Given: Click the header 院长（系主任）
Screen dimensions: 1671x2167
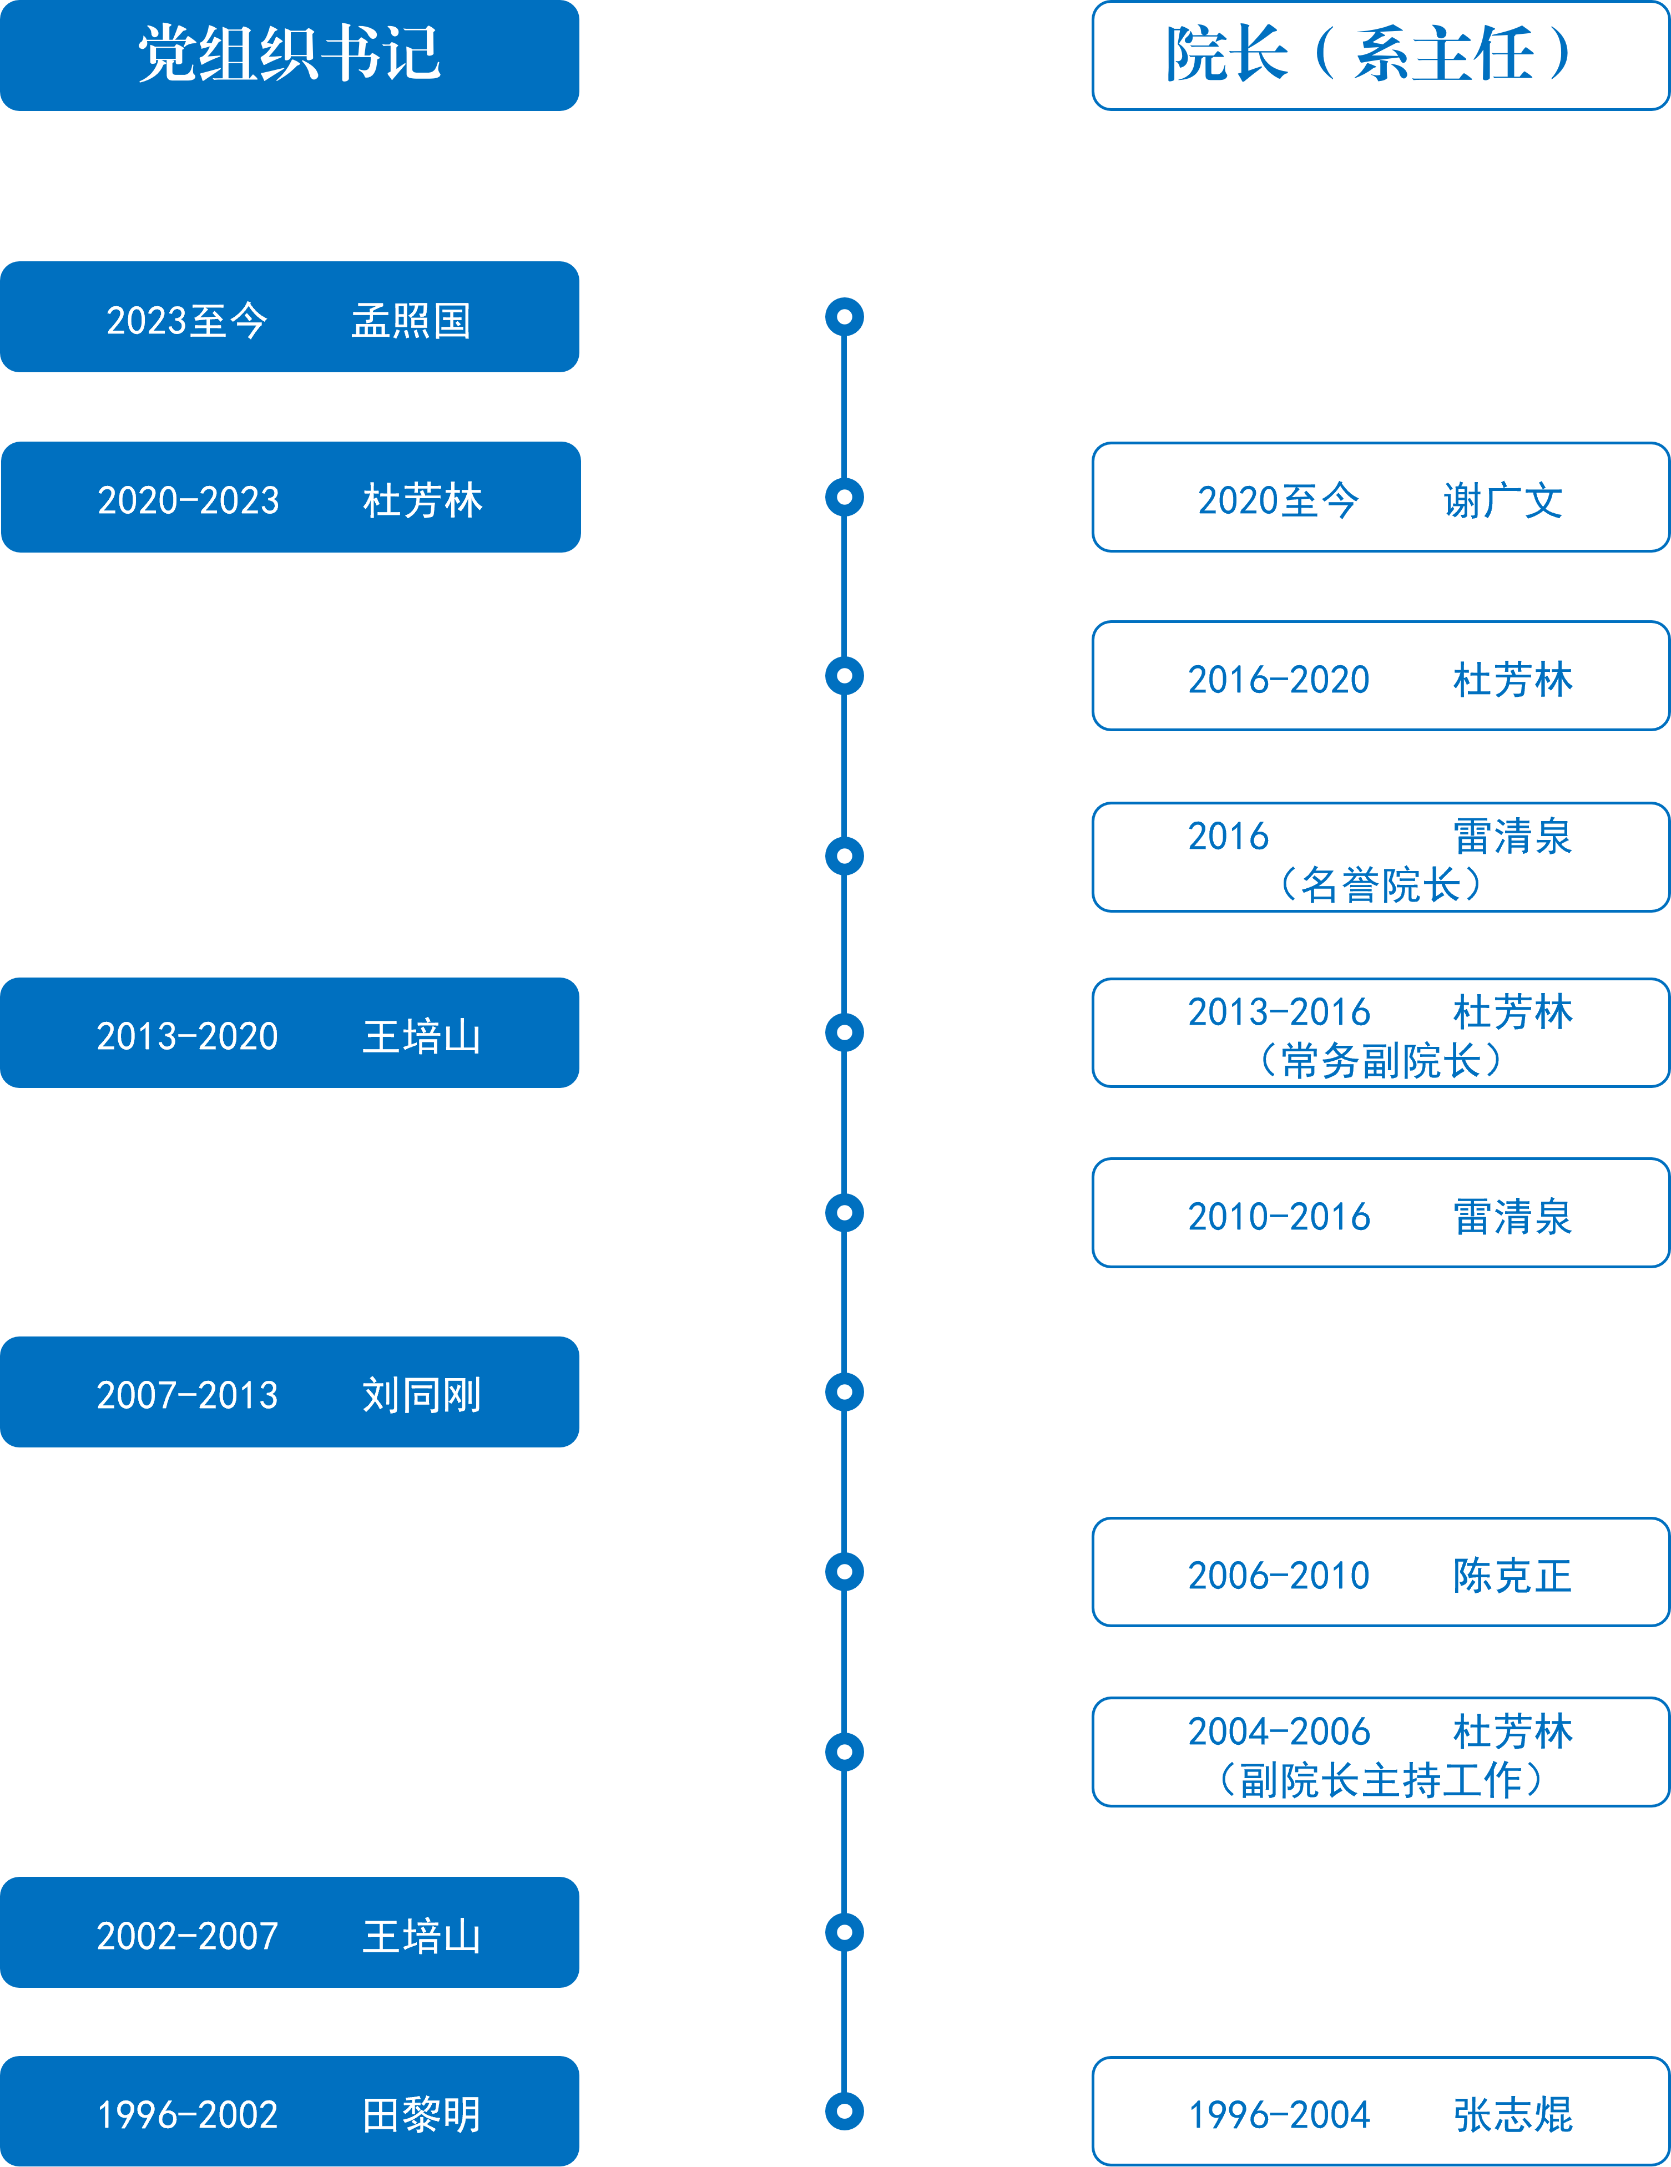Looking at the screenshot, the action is tap(1369, 54).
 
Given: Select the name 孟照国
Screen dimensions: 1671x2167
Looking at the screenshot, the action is tap(411, 321).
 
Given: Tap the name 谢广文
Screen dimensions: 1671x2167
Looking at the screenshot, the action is tap(1503, 500).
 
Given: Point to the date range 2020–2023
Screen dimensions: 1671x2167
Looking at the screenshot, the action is tap(189, 500).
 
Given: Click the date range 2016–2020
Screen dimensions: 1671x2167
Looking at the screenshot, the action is tap(1279, 680).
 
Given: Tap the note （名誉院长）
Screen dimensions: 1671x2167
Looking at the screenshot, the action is tap(1380, 884).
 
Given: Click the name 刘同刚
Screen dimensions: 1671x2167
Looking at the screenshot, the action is tap(422, 1394).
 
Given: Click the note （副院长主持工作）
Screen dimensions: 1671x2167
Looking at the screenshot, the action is tap(1380, 1780).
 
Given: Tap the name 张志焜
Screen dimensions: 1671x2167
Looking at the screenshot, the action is tap(1513, 2114).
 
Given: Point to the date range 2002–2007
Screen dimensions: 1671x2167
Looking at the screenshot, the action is tap(188, 1936).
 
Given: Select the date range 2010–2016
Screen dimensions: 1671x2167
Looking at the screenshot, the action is tap(1279, 1217).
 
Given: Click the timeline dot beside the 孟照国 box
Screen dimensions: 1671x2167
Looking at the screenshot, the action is tap(845, 317).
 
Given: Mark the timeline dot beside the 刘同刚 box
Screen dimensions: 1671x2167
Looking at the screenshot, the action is tap(845, 1392).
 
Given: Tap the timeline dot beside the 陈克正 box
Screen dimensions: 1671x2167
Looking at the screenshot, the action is tap(845, 1572).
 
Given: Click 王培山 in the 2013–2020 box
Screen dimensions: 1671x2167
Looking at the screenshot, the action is tap(422, 1036).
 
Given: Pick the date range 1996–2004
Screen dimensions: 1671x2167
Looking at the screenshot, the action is tap(1279, 2114).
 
